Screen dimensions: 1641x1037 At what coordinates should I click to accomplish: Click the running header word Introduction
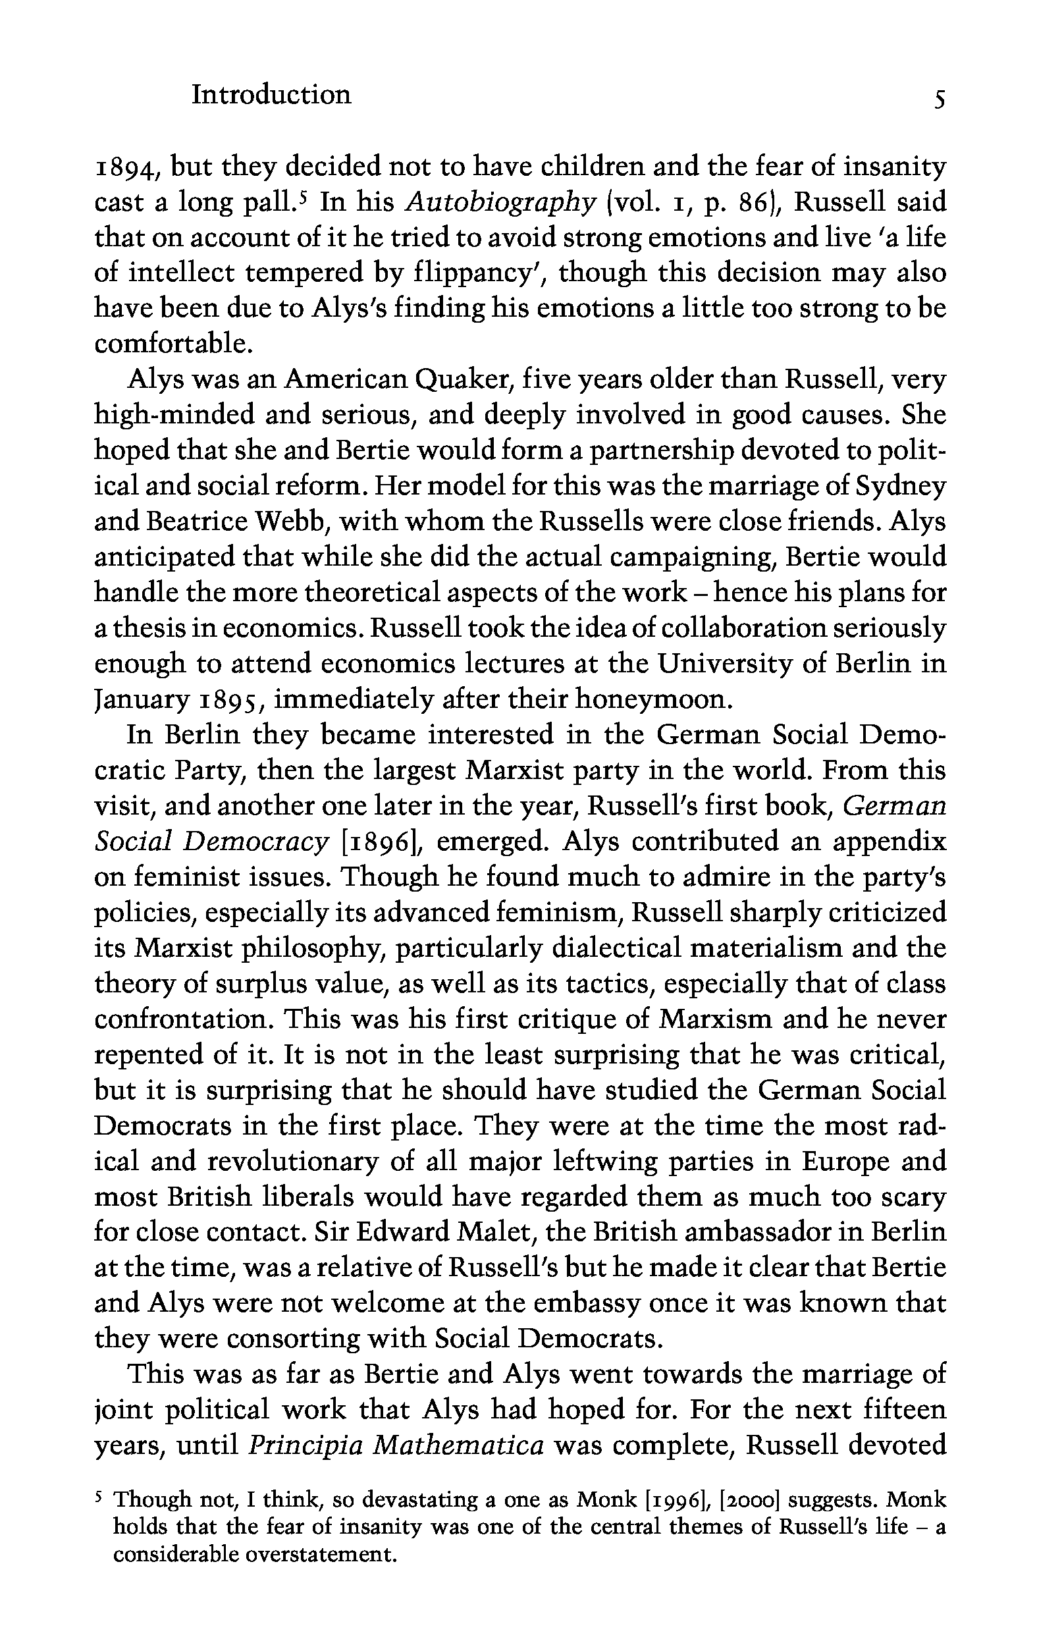[x=271, y=95]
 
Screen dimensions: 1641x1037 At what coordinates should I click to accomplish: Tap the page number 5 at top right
[x=940, y=101]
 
